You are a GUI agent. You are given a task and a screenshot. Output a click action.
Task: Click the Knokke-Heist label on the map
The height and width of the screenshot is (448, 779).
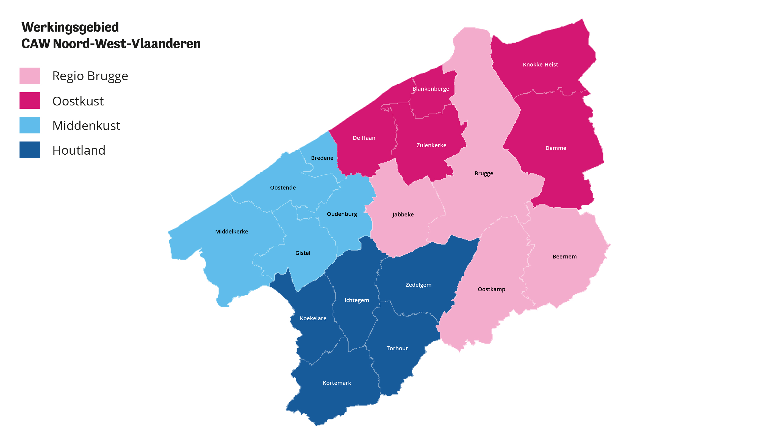pyautogui.click(x=540, y=65)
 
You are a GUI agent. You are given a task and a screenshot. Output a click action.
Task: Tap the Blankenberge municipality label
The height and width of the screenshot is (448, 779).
pyautogui.click(x=431, y=89)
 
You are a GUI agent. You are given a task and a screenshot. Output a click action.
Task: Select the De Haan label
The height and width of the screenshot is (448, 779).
pyautogui.click(x=364, y=138)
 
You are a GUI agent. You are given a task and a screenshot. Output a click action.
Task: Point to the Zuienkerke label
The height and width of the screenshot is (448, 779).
pyautogui.click(x=431, y=146)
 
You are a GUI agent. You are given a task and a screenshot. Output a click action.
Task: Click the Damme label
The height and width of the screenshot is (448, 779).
pyautogui.click(x=556, y=148)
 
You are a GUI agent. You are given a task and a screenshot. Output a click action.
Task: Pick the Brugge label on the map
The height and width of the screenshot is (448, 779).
pyautogui.click(x=484, y=174)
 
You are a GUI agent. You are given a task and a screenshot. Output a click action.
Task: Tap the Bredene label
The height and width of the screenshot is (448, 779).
pyautogui.click(x=322, y=158)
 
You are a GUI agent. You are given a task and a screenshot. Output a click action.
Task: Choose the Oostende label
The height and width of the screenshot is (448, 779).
pyautogui.click(x=282, y=188)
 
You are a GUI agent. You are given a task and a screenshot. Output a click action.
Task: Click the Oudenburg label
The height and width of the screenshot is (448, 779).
pyautogui.click(x=342, y=214)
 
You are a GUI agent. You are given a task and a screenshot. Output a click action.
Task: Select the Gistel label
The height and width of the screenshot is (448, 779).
pyautogui.click(x=303, y=253)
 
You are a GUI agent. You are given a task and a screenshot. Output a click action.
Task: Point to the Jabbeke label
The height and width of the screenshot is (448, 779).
pyautogui.click(x=403, y=215)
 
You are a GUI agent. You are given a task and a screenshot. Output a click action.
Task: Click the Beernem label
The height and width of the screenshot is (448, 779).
pyautogui.click(x=564, y=257)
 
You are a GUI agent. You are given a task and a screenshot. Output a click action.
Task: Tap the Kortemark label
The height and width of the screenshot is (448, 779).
pyautogui.click(x=337, y=383)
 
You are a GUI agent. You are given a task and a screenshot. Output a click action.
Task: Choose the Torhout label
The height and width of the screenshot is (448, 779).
pyautogui.click(x=397, y=348)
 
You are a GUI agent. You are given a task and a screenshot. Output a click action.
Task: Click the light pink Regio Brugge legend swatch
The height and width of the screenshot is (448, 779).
pyautogui.click(x=30, y=76)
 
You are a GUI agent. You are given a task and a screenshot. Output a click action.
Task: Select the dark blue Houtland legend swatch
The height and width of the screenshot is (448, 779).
pyautogui.click(x=30, y=150)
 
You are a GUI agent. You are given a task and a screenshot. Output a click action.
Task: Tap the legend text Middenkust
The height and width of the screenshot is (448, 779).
pyautogui.click(x=86, y=126)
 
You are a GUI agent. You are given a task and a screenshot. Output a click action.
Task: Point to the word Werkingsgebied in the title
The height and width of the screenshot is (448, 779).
pyautogui.click(x=70, y=27)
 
